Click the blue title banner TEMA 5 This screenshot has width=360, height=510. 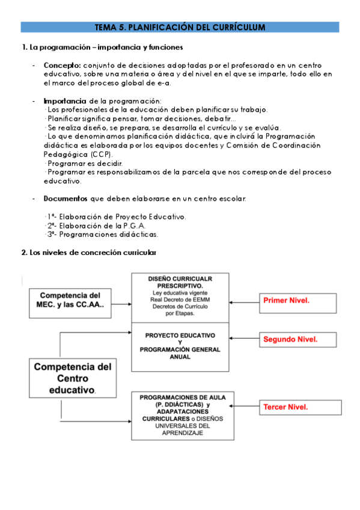tap(180, 27)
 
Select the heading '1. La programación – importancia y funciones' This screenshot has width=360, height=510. tap(102, 48)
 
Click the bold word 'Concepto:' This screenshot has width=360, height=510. tap(63, 65)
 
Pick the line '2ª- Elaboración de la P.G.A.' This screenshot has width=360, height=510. tap(96, 226)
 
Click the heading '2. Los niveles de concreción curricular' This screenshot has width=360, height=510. tap(89, 253)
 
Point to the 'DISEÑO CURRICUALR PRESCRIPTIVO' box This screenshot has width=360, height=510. tap(180, 297)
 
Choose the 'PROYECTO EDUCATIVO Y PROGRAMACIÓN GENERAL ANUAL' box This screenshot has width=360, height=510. tap(180, 345)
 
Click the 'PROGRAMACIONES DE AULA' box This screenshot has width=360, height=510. tap(180, 415)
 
